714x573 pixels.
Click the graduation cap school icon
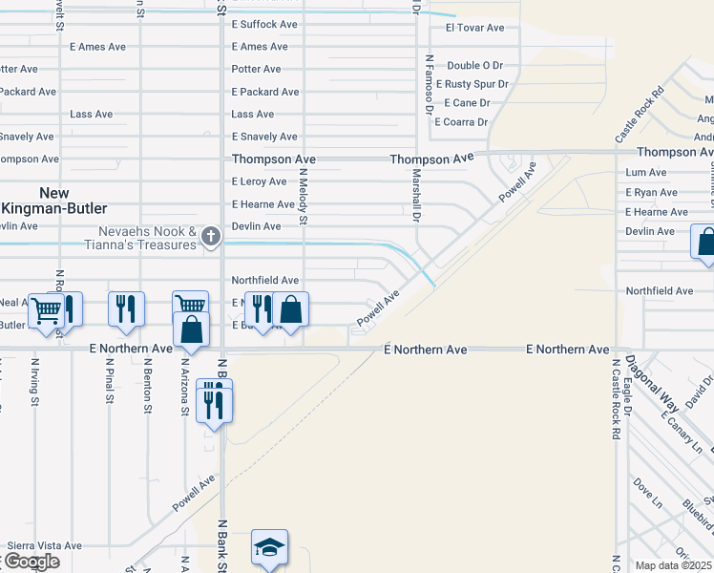click(269, 547)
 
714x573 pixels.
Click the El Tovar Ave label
click(474, 28)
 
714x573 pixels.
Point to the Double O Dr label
click(474, 65)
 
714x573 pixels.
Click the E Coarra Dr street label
click(461, 122)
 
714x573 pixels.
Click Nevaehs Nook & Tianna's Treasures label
click(147, 238)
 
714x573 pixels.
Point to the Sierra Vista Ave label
click(44, 545)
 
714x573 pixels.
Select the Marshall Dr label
click(416, 196)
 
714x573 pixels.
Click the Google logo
click(31, 562)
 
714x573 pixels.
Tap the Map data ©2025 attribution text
click(674, 565)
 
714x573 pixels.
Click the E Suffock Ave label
click(264, 24)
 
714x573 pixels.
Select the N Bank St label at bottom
click(221, 546)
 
